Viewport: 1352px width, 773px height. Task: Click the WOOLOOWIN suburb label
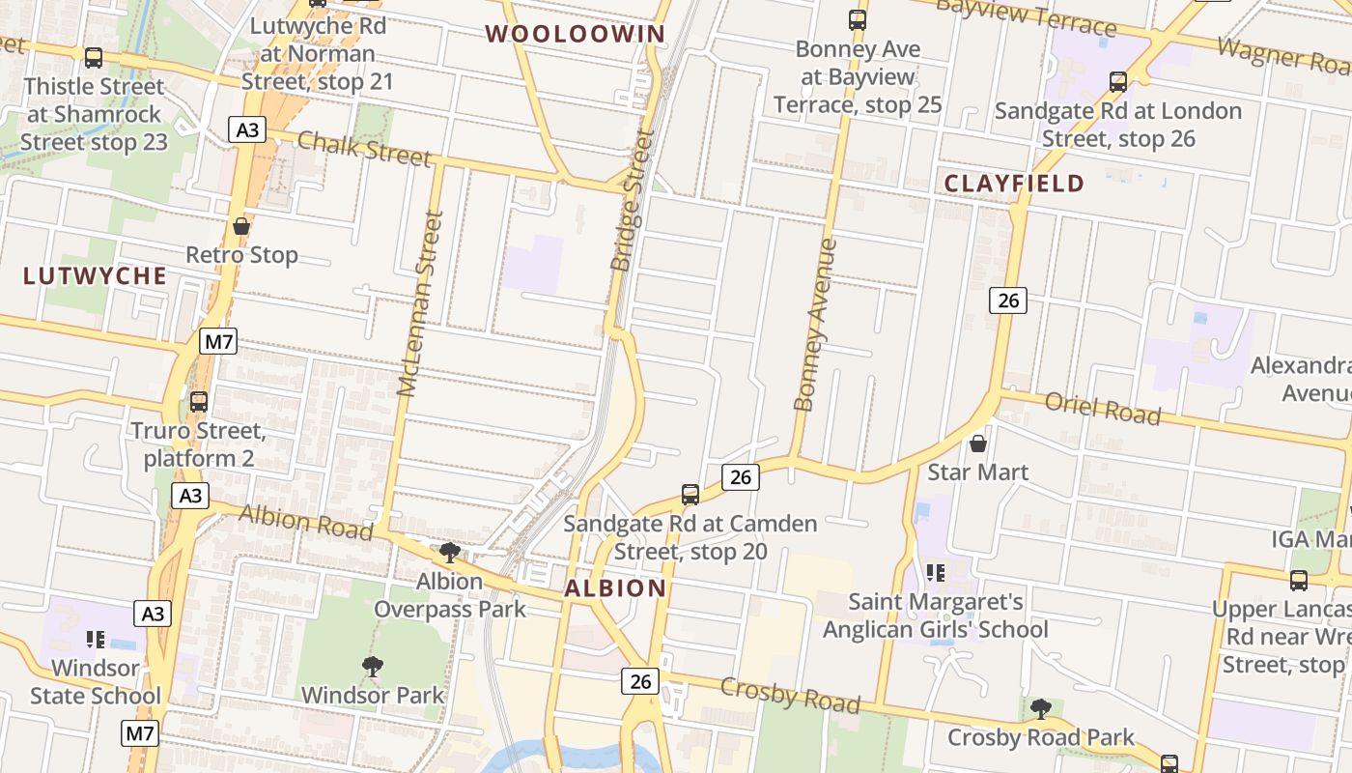pos(576,35)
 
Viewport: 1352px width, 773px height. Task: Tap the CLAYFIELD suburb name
pos(1014,184)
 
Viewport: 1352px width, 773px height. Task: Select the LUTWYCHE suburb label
pos(95,276)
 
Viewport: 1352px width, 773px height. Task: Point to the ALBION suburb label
pos(615,588)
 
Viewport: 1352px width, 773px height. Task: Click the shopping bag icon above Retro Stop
pos(241,227)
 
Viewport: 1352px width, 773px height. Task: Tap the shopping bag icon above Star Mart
pos(978,444)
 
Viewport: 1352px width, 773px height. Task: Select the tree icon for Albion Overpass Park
pos(449,553)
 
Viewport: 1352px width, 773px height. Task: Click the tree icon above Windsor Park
pos(372,666)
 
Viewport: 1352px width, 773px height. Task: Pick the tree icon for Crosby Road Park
pos(1040,709)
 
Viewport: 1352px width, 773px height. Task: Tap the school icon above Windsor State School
pos(95,639)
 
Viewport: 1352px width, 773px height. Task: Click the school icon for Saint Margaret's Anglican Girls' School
pos(935,573)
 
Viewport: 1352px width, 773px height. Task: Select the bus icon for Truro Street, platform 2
pos(199,401)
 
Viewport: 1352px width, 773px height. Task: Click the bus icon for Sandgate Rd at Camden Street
pos(690,495)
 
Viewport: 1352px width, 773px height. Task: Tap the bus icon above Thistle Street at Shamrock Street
pos(94,58)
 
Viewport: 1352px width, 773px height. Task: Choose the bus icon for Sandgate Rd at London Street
pos(1118,82)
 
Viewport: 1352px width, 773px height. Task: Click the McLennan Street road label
pos(420,303)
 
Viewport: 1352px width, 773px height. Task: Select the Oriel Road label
pos(1102,408)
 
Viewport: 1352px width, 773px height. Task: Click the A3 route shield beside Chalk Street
pos(247,129)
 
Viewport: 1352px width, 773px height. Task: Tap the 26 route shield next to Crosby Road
pos(639,681)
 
